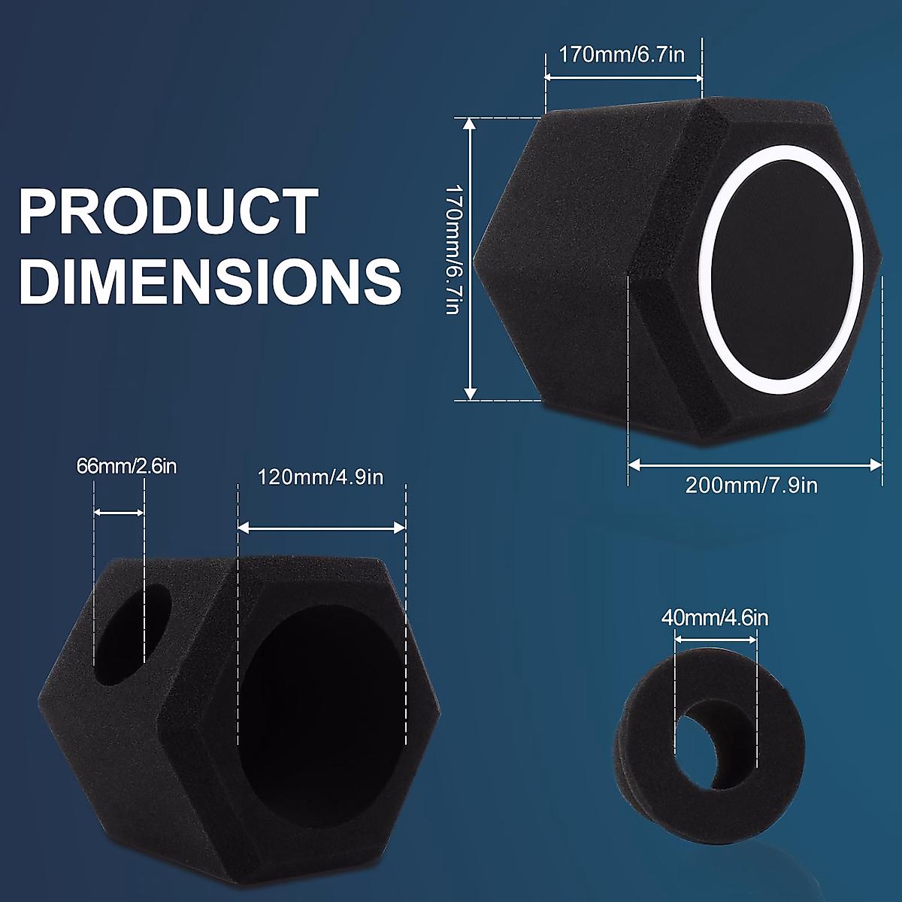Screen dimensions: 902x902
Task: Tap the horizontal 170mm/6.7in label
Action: [x=622, y=55]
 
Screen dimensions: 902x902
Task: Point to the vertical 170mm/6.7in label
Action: [x=453, y=249]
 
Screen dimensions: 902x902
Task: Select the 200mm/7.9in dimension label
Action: [x=751, y=486]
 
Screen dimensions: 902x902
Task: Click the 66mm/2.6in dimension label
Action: [x=126, y=467]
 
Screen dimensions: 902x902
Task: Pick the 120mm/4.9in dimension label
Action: [x=321, y=477]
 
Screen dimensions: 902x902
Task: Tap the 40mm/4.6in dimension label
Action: [x=715, y=619]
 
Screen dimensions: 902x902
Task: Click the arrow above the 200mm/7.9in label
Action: [x=755, y=465]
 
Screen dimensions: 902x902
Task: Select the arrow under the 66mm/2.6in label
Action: [x=119, y=513]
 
